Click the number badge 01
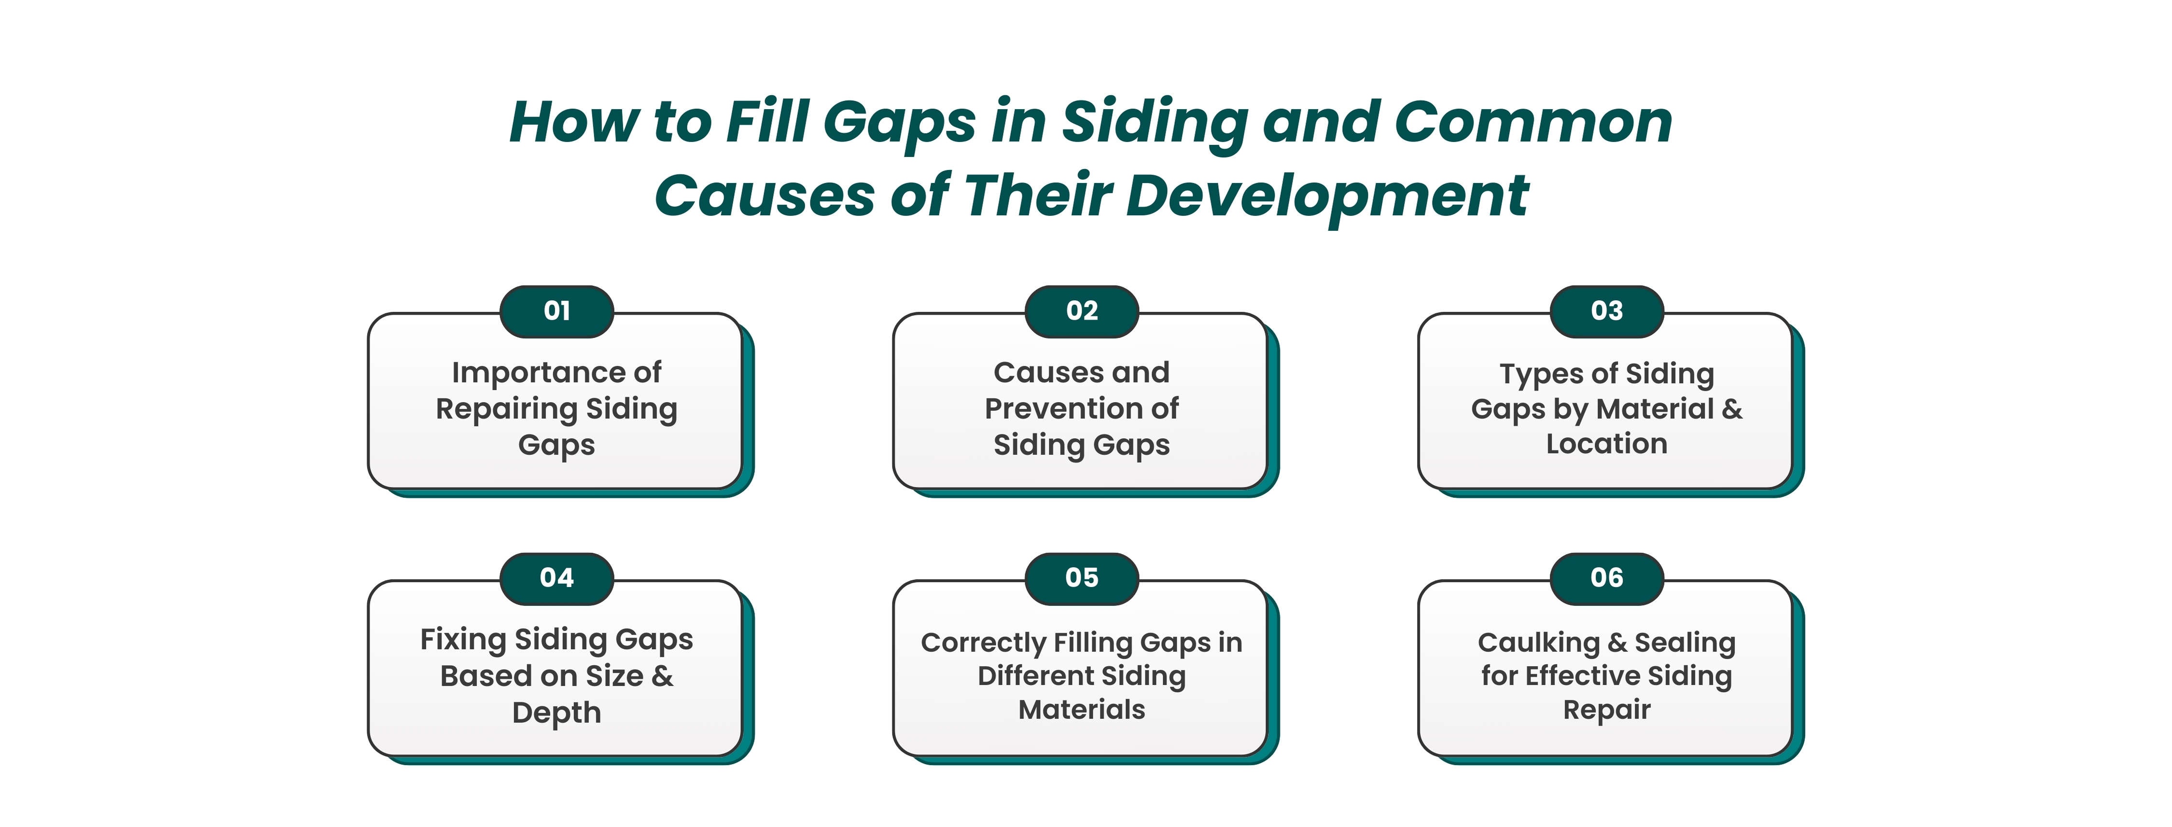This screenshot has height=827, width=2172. click(x=557, y=311)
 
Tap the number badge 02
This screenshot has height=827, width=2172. click(x=1082, y=311)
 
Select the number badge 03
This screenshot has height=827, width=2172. click(x=1607, y=311)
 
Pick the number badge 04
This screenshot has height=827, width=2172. click(x=557, y=578)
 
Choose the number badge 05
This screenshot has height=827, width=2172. click(x=1082, y=578)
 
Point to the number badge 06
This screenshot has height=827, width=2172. click(x=1607, y=578)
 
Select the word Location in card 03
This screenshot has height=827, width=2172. click(x=1607, y=444)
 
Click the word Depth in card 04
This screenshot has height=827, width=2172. click(x=557, y=713)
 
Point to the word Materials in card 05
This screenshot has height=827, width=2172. click(x=1082, y=710)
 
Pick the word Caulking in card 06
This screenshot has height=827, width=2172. click(x=1539, y=643)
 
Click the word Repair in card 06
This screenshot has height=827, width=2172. click(x=1607, y=710)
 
